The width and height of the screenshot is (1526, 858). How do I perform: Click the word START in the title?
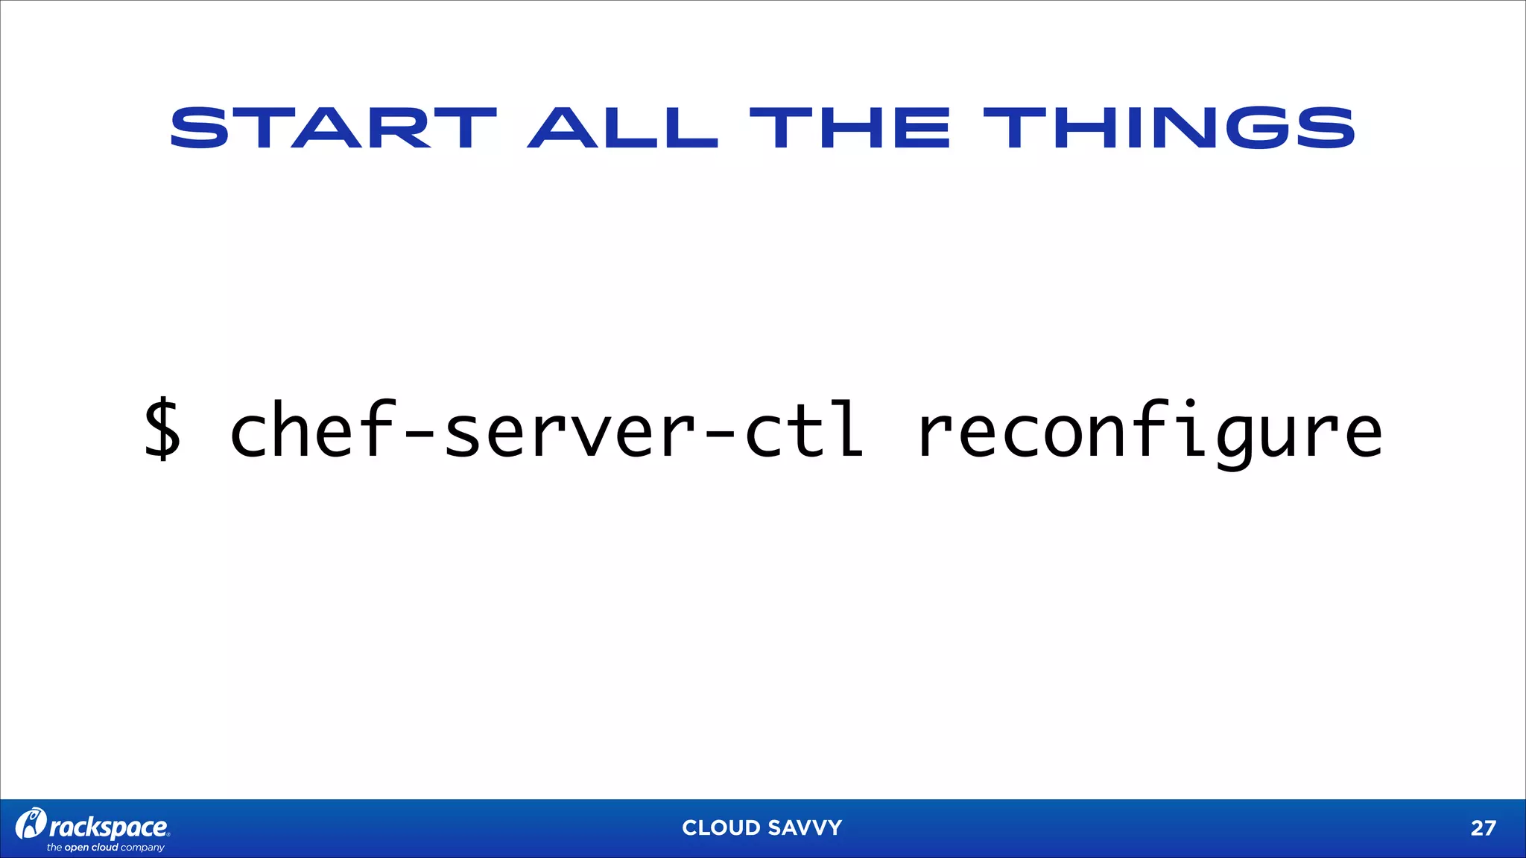[x=333, y=128]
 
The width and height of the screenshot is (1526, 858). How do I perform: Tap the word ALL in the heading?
[x=623, y=128]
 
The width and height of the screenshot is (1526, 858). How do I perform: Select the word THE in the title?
[x=849, y=128]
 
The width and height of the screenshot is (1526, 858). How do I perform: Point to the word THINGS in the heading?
[x=1168, y=128]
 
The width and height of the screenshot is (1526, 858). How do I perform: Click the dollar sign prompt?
[x=162, y=430]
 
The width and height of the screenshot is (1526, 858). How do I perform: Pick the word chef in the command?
[x=311, y=430]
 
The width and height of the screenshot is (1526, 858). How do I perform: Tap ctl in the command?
[x=805, y=430]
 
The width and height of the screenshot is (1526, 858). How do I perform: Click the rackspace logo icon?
[x=31, y=824]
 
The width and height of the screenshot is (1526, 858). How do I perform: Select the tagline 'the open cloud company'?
[x=105, y=848]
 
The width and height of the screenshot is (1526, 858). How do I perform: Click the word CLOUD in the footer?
[x=721, y=827]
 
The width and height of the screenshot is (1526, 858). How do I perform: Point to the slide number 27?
[x=1483, y=828]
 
